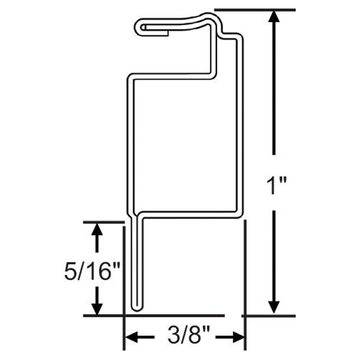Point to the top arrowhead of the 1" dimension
[x=274, y=18]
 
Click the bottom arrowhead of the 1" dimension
[x=274, y=306]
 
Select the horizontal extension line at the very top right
[x=255, y=10]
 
